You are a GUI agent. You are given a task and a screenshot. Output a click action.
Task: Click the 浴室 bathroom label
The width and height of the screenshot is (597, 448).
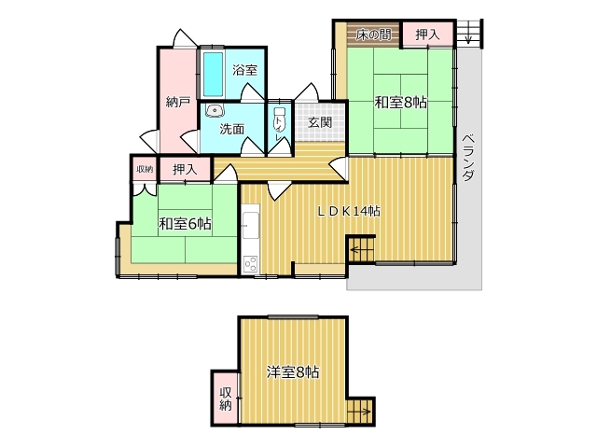(x=244, y=70)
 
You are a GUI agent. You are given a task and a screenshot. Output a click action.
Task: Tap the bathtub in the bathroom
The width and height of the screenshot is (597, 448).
(x=213, y=74)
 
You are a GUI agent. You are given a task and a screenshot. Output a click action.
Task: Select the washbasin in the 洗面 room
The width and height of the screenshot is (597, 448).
(x=215, y=110)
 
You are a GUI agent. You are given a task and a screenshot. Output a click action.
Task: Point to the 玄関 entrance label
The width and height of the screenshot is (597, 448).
(x=320, y=122)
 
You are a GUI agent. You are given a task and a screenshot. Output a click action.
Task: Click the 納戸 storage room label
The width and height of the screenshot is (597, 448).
(x=178, y=102)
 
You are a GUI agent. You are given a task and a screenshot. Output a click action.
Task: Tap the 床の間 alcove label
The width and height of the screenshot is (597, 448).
(x=373, y=35)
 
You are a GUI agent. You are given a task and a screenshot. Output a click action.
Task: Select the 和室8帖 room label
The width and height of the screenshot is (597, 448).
(x=400, y=102)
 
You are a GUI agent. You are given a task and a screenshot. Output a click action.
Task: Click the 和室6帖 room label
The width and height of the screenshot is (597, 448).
(x=185, y=224)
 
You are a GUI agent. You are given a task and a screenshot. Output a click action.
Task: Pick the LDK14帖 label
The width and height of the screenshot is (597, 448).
(x=349, y=211)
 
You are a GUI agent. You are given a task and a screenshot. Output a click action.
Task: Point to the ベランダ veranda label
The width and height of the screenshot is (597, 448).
(x=468, y=158)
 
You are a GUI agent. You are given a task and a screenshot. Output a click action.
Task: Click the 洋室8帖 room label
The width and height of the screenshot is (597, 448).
(x=293, y=371)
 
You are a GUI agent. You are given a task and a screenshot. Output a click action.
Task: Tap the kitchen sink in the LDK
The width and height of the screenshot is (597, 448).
(x=251, y=225)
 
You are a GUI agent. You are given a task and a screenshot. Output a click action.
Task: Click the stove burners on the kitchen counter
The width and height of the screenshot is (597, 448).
(x=251, y=263)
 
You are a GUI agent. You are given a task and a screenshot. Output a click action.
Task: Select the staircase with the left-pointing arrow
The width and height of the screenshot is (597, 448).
(x=361, y=249)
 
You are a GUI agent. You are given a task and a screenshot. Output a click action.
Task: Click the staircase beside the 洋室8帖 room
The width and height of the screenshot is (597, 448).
(x=360, y=411)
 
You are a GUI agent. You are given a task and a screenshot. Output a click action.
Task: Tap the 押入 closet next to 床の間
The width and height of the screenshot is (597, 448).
(x=427, y=35)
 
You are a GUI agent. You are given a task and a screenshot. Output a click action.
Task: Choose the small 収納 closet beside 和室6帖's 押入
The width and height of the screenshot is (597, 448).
(x=145, y=169)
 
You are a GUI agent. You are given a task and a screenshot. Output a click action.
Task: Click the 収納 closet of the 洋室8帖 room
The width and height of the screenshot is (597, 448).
(x=226, y=399)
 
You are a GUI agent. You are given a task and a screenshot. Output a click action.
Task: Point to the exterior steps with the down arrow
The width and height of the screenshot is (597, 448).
(x=469, y=33)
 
